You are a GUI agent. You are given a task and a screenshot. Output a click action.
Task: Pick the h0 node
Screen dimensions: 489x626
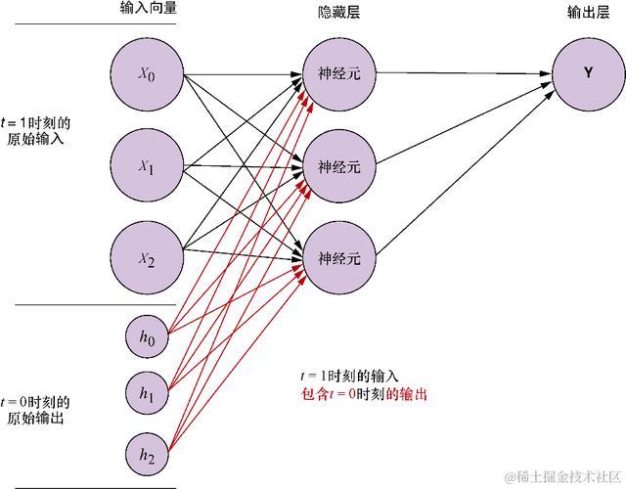[147, 338]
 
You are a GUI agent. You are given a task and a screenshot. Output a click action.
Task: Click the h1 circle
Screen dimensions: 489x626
[147, 395]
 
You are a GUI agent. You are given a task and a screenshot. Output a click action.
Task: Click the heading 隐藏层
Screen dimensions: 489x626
[335, 9]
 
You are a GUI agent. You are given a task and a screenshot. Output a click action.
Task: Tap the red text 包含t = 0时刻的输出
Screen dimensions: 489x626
[363, 395]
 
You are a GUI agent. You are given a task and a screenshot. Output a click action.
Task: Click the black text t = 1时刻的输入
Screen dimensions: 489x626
[349, 378]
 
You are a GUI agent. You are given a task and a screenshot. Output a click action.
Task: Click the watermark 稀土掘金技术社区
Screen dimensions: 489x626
[564, 476]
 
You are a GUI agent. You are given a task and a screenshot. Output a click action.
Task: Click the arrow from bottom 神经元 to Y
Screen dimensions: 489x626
[460, 172]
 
